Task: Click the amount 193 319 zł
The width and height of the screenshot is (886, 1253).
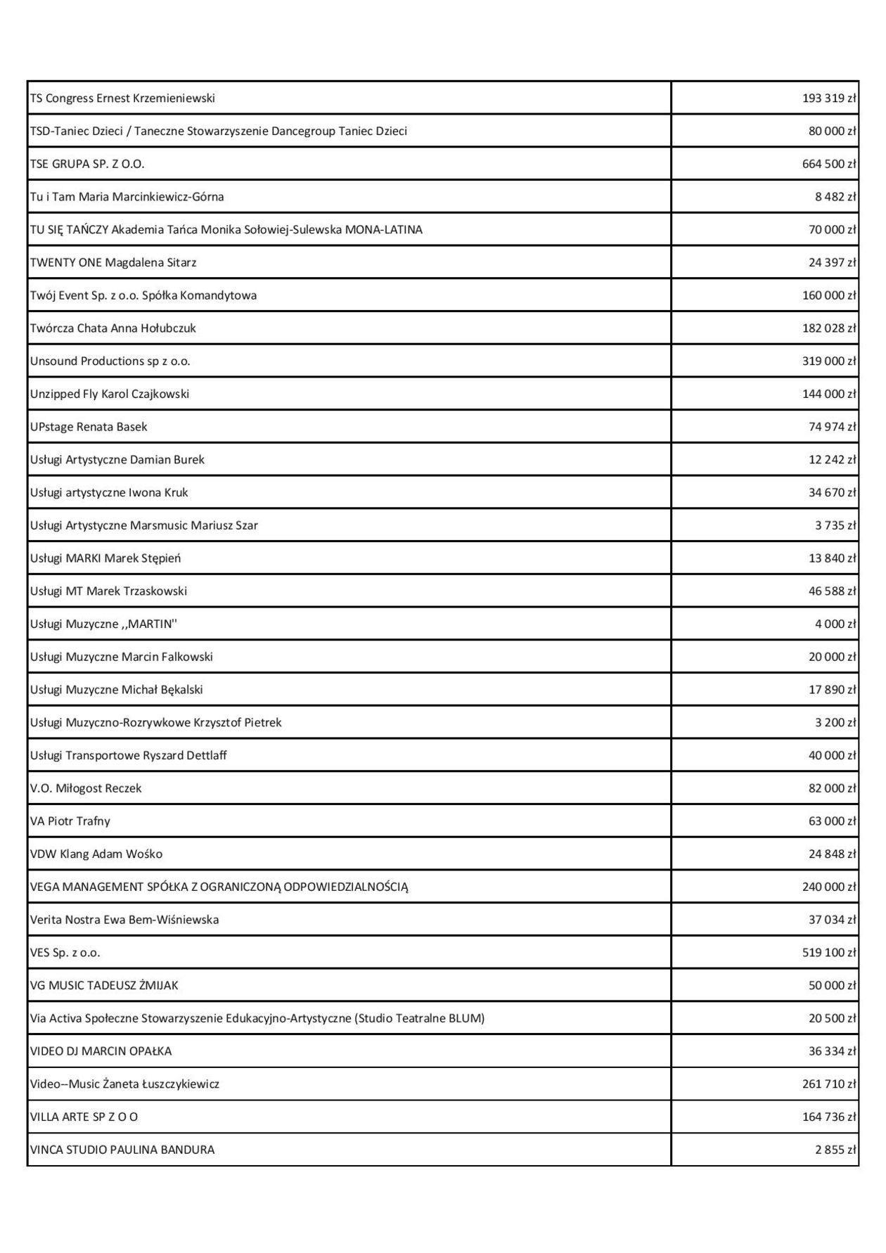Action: pos(829,98)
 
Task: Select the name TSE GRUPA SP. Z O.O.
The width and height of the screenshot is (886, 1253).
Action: pos(87,164)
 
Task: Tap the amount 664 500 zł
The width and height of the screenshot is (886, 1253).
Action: pos(829,164)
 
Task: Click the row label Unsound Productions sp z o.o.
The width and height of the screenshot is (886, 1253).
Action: pos(110,361)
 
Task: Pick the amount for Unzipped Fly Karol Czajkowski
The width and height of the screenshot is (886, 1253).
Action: pos(829,394)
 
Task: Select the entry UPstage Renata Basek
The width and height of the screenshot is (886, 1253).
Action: pos(89,427)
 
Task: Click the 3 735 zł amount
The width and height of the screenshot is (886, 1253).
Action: pos(835,525)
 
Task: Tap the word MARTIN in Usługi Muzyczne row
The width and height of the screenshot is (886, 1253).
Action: pos(150,624)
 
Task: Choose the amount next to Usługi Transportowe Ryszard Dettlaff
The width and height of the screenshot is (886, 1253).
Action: pos(832,756)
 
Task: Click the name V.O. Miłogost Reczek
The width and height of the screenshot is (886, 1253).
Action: pos(86,788)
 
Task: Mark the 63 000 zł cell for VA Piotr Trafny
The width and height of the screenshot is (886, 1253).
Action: pos(832,821)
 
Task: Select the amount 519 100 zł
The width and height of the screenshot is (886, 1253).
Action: pos(829,953)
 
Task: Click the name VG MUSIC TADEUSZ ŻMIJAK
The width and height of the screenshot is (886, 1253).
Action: pos(104,986)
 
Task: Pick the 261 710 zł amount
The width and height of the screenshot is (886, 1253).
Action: pos(829,1084)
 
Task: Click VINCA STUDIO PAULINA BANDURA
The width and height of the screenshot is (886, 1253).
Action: pos(122,1150)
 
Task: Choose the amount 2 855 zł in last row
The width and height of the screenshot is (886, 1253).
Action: pos(835,1150)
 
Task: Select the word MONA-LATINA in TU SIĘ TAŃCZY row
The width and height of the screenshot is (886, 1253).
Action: pos(384,230)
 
